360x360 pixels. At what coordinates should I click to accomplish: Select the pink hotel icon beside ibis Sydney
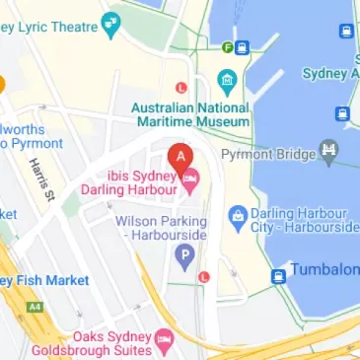pos(191,178)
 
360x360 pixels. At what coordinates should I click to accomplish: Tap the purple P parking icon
pos(182,256)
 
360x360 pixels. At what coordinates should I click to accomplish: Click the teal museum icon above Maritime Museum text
pos(228,78)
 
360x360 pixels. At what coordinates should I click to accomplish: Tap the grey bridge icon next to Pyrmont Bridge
pos(331,153)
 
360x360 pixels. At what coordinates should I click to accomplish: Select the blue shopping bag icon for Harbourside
pos(237,214)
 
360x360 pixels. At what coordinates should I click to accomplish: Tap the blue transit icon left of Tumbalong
pos(279,274)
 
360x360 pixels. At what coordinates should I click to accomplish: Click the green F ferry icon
pos(228,46)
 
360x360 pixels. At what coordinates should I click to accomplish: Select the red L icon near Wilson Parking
pos(203,277)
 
